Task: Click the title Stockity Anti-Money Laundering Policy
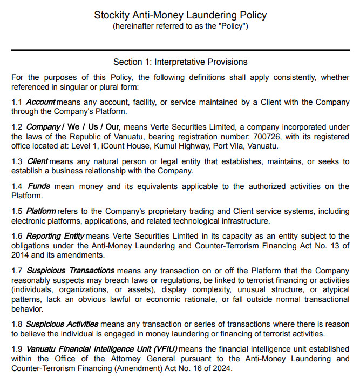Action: [180, 15]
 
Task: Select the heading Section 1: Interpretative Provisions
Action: [180, 62]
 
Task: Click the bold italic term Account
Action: [40, 102]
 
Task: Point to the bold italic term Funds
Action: [38, 186]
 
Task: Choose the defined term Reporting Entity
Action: [55, 236]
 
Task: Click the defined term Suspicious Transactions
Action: [70, 270]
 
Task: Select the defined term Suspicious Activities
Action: [62, 324]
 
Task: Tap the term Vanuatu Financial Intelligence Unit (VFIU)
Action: [101, 349]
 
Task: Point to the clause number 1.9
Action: [17, 349]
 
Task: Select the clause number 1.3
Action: [17, 161]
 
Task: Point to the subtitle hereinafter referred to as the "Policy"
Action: [180, 26]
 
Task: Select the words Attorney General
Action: [125, 359]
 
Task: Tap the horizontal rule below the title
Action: [180, 50]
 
